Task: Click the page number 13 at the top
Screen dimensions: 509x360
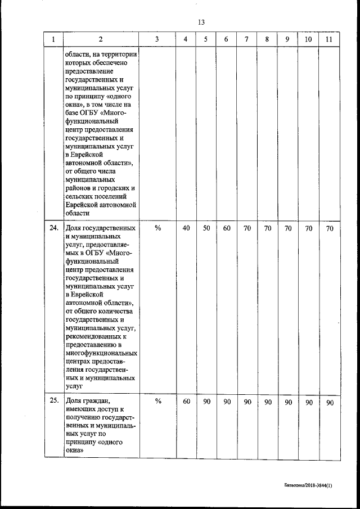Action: pyautogui.click(x=201, y=22)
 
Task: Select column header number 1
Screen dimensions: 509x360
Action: pyautogui.click(x=53, y=39)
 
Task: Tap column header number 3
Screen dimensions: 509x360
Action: pyautogui.click(x=157, y=39)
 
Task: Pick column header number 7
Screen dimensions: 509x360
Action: pyautogui.click(x=247, y=39)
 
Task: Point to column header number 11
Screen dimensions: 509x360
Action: pyautogui.click(x=329, y=39)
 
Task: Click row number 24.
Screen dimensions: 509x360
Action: pyautogui.click(x=54, y=228)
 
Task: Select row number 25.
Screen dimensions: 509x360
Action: pyautogui.click(x=54, y=402)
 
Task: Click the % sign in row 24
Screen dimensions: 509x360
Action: pyautogui.click(x=157, y=228)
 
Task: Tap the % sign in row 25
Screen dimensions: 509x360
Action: pyautogui.click(x=157, y=402)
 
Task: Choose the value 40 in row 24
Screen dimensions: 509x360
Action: pyautogui.click(x=186, y=228)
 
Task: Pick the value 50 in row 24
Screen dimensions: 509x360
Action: pyautogui.click(x=206, y=228)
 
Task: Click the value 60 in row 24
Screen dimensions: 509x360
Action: pyautogui.click(x=227, y=228)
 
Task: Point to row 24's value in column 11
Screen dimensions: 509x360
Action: pyautogui.click(x=330, y=228)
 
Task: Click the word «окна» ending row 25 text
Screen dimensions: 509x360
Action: pyautogui.click(x=75, y=451)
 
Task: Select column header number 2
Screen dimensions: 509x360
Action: pyautogui.click(x=100, y=39)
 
